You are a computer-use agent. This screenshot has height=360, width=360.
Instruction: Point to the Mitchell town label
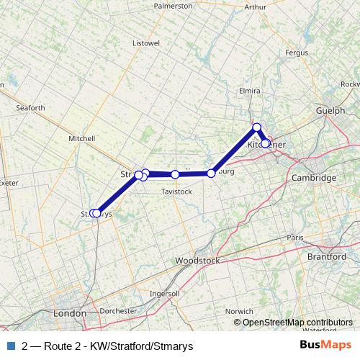(x=81, y=138)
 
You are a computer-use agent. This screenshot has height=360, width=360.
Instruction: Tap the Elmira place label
(x=249, y=91)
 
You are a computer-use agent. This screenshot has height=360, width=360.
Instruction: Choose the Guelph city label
(x=330, y=111)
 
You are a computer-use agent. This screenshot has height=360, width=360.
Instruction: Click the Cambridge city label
(x=314, y=178)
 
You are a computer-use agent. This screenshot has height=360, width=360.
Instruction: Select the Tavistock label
(x=176, y=192)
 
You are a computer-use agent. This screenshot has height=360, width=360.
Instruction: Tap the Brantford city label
(x=327, y=257)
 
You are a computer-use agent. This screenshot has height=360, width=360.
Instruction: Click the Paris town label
(x=295, y=237)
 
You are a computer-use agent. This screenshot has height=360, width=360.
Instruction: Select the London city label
(x=70, y=314)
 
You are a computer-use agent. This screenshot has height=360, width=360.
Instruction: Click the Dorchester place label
(x=117, y=311)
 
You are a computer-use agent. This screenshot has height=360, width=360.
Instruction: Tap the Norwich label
(x=239, y=311)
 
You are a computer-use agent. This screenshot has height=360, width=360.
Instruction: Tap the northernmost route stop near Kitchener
(x=256, y=127)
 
